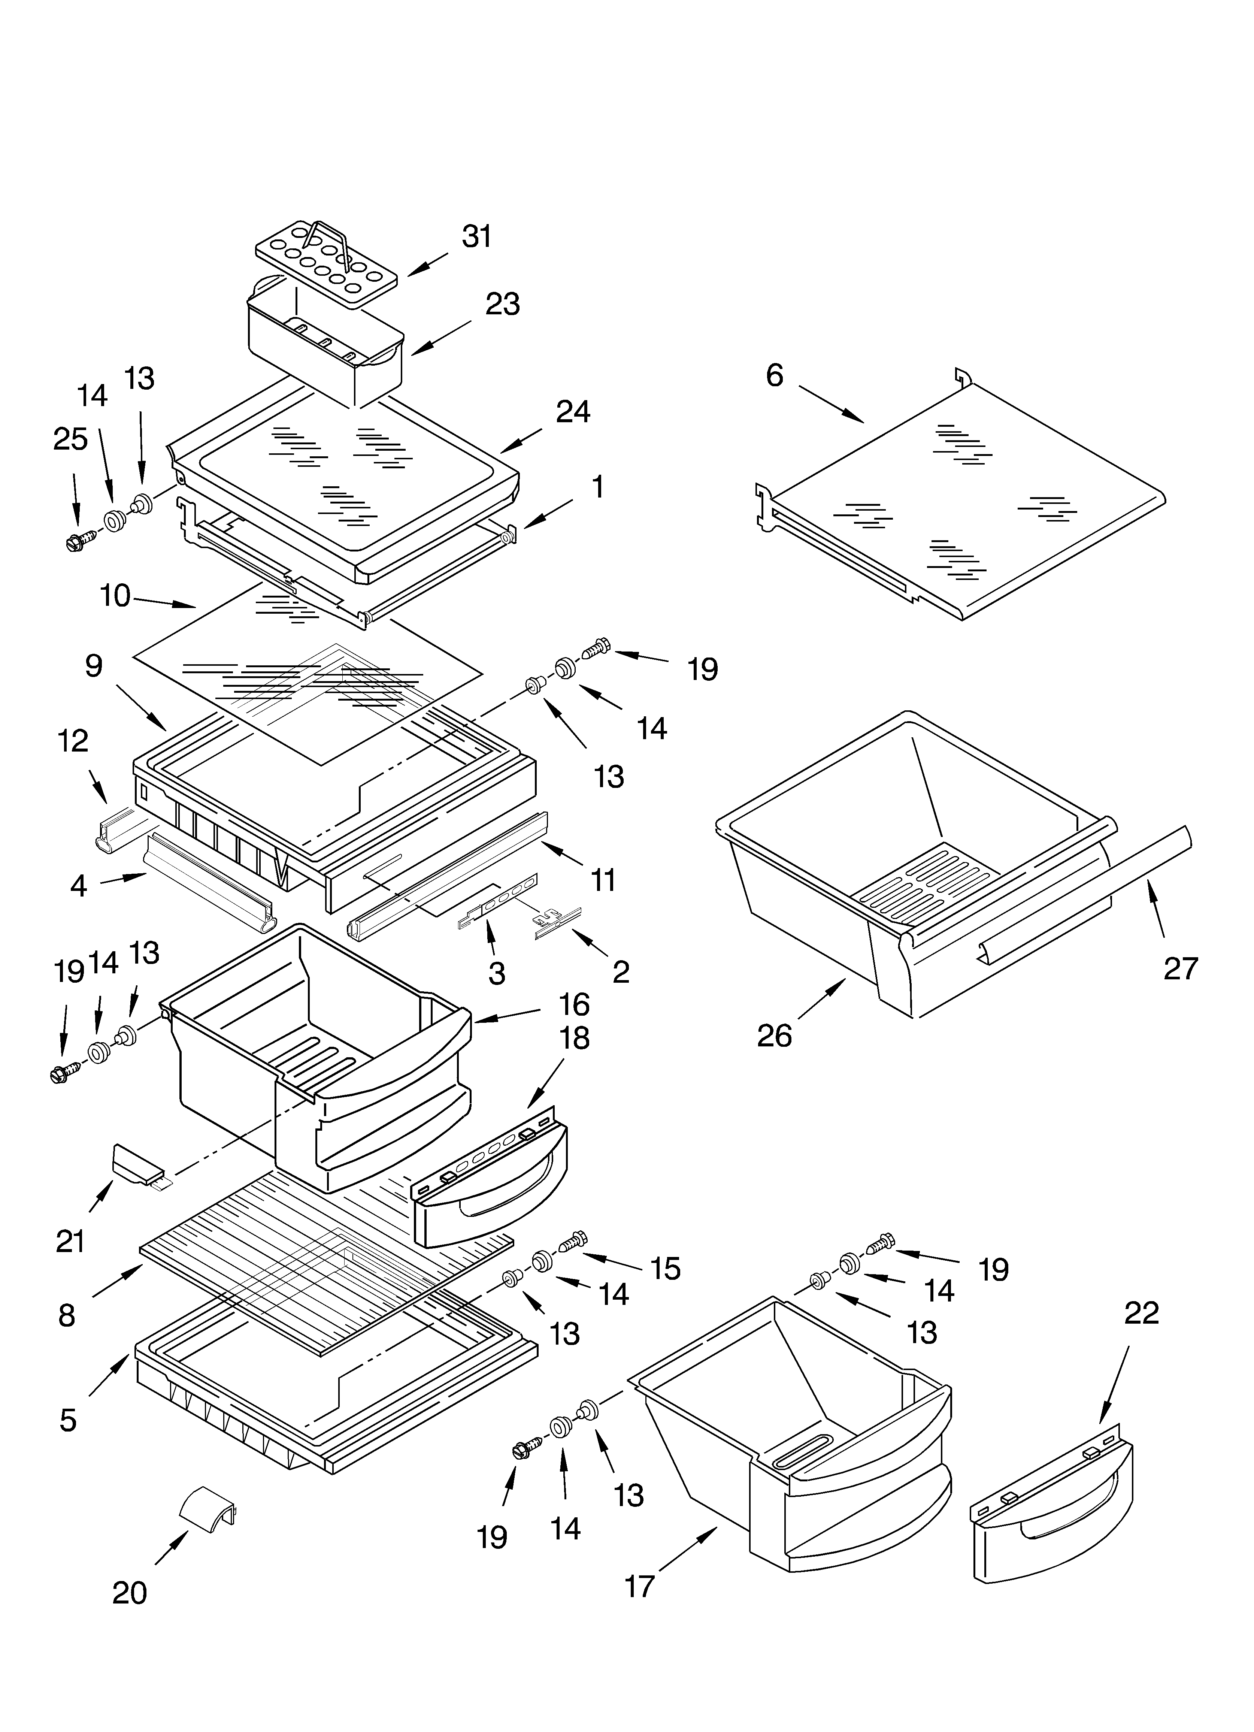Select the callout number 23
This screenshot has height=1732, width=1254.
[x=503, y=304]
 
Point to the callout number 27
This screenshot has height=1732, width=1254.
[x=1181, y=968]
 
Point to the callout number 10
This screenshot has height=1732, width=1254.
[x=115, y=596]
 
